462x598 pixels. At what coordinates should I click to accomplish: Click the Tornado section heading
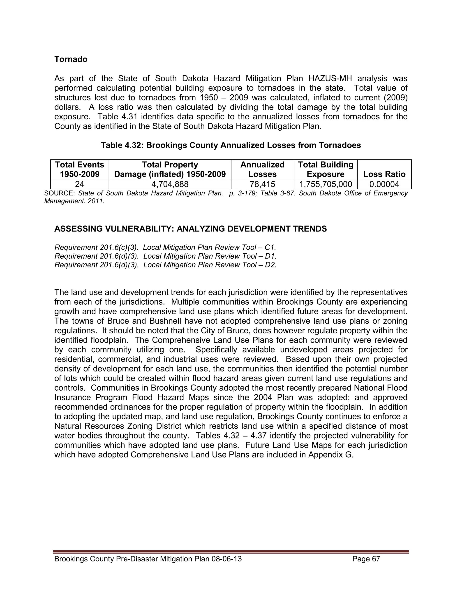point(71,59)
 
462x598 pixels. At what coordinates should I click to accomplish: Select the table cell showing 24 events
point(79,184)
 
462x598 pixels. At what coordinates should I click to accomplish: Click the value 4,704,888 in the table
point(170,184)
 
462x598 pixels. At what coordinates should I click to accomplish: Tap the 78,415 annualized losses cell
point(262,184)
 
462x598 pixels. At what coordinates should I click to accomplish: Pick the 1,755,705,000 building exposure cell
point(326,184)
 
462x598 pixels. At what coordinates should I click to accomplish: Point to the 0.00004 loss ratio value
point(384,184)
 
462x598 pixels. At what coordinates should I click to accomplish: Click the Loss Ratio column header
point(384,174)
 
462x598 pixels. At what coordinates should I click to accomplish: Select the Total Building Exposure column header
point(326,169)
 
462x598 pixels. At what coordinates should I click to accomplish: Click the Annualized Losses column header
point(262,169)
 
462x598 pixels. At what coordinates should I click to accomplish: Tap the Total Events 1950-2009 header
point(79,169)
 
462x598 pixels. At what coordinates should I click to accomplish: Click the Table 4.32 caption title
point(231,145)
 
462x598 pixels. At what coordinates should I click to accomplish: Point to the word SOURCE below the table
point(59,193)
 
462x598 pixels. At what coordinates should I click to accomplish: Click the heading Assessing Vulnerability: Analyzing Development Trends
point(190,229)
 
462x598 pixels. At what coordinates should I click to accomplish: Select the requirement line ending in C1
point(165,248)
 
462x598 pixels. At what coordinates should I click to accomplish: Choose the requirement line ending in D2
point(165,265)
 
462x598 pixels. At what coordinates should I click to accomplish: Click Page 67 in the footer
point(366,559)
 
